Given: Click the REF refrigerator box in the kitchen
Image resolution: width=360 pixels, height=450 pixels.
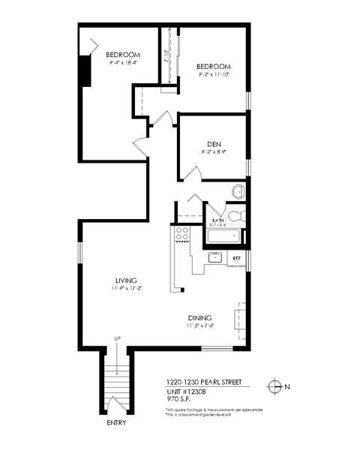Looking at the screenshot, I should (236, 258).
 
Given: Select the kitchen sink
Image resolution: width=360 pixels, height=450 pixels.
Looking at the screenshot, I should (215, 258).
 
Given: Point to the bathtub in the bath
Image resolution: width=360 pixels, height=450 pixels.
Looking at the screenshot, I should (224, 238).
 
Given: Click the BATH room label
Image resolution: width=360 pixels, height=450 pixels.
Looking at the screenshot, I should (218, 220).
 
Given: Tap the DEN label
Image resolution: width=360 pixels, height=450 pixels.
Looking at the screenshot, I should (213, 144).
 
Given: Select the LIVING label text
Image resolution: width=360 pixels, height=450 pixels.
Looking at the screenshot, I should (115, 280).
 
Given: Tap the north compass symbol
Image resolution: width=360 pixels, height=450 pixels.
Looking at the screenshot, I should (275, 387).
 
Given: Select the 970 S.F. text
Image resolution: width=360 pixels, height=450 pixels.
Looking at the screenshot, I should (178, 400).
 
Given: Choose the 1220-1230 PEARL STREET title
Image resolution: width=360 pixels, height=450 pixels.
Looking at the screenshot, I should (203, 381).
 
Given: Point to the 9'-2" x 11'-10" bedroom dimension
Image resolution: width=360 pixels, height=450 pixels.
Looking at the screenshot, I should (213, 74).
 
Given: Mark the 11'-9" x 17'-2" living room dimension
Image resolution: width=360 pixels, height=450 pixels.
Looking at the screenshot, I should (115, 288).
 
